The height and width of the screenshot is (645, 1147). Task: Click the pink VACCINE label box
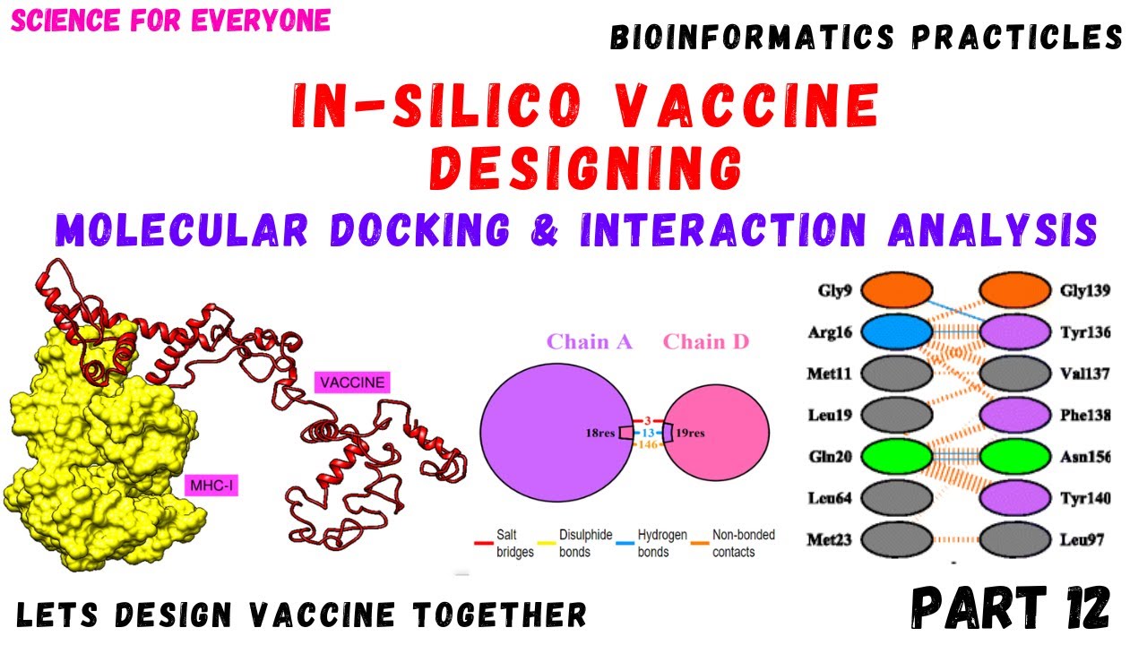(x=352, y=383)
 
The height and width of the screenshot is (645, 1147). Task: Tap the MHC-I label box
(x=211, y=486)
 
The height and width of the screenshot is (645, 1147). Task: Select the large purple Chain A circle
(x=556, y=433)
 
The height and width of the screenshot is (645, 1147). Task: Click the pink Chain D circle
(x=716, y=433)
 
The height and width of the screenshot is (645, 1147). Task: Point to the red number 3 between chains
(x=648, y=421)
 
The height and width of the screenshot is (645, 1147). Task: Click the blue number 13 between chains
(x=648, y=433)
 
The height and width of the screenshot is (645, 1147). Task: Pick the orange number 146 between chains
(x=648, y=444)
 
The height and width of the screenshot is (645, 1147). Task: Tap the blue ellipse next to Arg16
(x=897, y=332)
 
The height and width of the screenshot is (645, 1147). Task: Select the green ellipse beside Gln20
(x=897, y=456)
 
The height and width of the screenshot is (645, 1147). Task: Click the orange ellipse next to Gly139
(x=1015, y=290)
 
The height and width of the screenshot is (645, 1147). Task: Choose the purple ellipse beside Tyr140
(x=1015, y=497)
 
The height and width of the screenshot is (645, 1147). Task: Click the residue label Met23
(x=830, y=539)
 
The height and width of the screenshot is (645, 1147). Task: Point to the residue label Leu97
(x=1082, y=539)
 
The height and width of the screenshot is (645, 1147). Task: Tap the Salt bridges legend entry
(x=505, y=543)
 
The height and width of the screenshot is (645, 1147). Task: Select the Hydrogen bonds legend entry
(x=651, y=543)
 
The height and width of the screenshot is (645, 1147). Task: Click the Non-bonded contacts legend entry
(x=733, y=543)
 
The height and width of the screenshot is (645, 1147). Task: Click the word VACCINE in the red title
(x=746, y=105)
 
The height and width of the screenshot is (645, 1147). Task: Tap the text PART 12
(x=1010, y=607)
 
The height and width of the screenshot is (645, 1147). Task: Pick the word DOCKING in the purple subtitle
(x=420, y=229)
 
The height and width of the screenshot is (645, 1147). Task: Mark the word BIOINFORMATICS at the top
(x=752, y=38)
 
